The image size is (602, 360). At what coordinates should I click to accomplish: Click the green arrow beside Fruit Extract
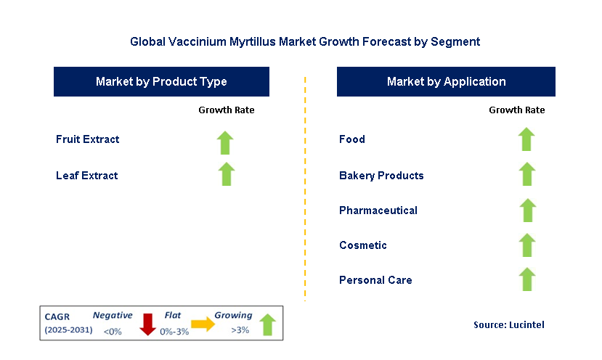pyautogui.click(x=226, y=142)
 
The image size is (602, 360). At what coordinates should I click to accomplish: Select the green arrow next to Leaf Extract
pyautogui.click(x=226, y=174)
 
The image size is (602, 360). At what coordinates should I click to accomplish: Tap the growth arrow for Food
pyautogui.click(x=527, y=139)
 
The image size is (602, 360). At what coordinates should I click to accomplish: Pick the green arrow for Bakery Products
pyautogui.click(x=527, y=174)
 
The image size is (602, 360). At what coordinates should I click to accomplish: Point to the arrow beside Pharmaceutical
pyautogui.click(x=527, y=210)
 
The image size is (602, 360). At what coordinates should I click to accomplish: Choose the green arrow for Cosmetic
pyautogui.click(x=527, y=245)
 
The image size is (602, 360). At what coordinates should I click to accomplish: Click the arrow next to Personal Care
pyautogui.click(x=527, y=279)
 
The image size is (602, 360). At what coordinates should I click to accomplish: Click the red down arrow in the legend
pyautogui.click(x=148, y=324)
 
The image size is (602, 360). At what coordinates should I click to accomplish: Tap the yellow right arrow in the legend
pyautogui.click(x=203, y=324)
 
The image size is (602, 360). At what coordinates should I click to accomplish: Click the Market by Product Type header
pyautogui.click(x=161, y=82)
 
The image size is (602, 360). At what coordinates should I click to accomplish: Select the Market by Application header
pyautogui.click(x=446, y=82)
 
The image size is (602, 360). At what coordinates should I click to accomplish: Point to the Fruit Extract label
pyautogui.click(x=87, y=139)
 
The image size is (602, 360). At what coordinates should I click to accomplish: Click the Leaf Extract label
pyautogui.click(x=86, y=175)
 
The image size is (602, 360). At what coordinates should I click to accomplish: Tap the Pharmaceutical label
pyautogui.click(x=378, y=210)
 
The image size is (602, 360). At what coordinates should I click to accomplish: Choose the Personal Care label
pyautogui.click(x=375, y=280)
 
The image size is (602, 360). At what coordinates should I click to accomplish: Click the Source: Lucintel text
pyautogui.click(x=508, y=324)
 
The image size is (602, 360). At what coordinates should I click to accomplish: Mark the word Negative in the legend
pyautogui.click(x=113, y=316)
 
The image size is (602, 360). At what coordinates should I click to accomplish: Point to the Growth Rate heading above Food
pyautogui.click(x=517, y=110)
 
